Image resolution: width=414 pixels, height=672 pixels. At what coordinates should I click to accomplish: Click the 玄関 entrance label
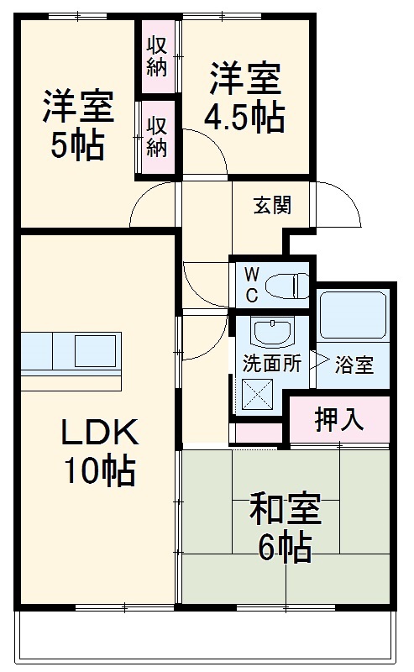click(273, 206)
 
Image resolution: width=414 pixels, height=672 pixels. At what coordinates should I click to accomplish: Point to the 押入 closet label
click(339, 421)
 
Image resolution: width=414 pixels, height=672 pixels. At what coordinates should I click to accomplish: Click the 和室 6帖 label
click(285, 527)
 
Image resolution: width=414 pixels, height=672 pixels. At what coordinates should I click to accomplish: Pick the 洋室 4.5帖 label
click(246, 97)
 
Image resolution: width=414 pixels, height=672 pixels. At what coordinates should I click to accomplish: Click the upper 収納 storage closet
click(157, 56)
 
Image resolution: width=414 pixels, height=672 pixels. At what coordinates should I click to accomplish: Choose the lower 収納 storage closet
click(157, 137)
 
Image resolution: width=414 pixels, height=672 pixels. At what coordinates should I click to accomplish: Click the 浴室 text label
click(354, 366)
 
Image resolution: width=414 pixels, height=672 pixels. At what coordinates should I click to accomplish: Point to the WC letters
click(251, 285)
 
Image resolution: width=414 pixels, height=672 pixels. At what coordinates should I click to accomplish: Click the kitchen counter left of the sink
click(38, 350)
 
